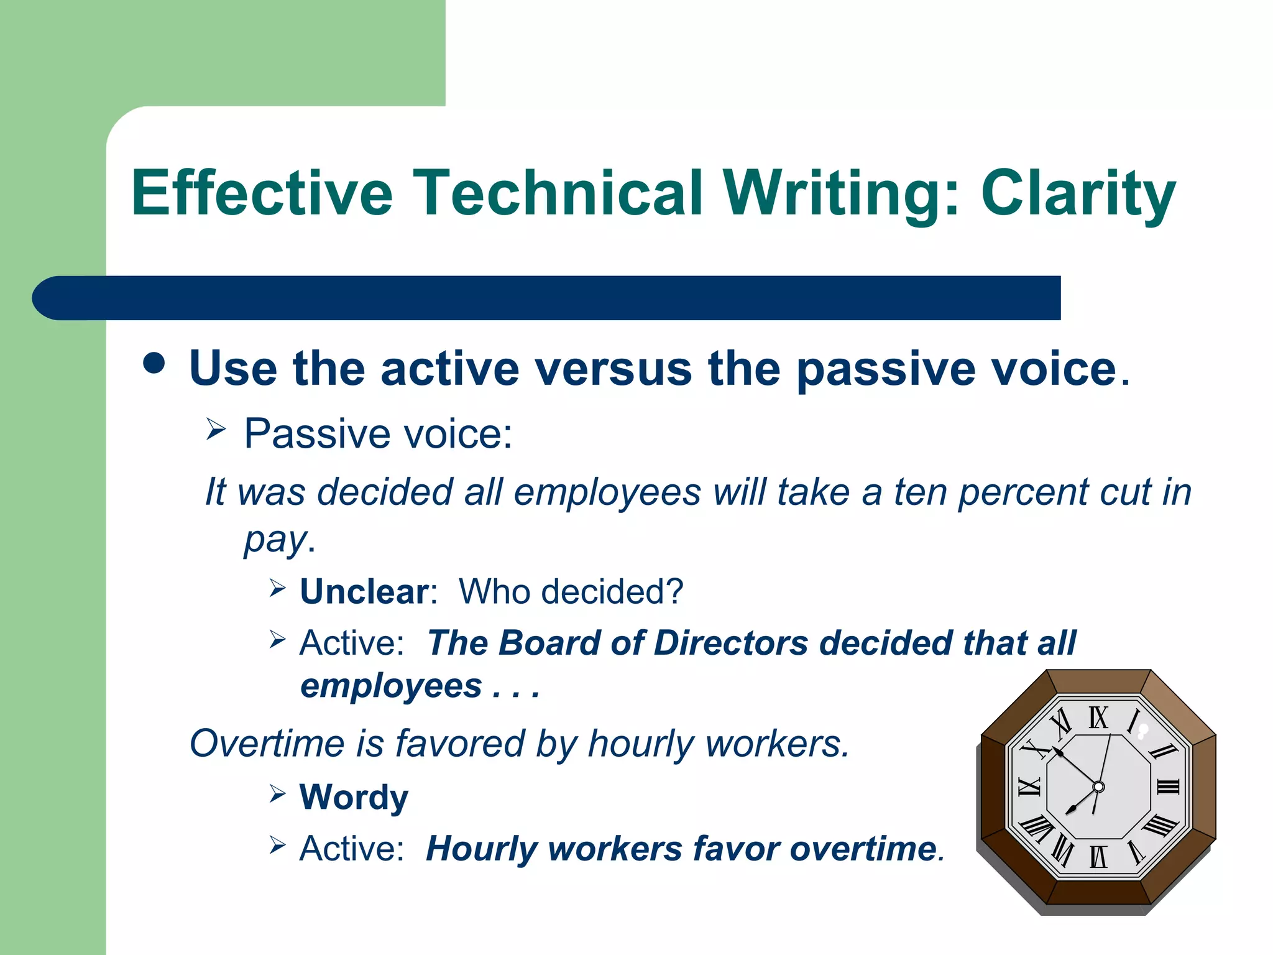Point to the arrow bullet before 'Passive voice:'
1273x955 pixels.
(215, 428)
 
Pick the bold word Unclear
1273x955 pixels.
(364, 591)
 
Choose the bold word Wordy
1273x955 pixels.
(354, 796)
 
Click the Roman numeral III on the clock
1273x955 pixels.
(1167, 787)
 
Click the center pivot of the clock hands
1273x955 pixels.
(1098, 787)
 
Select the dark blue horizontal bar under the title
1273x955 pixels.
(547, 298)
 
